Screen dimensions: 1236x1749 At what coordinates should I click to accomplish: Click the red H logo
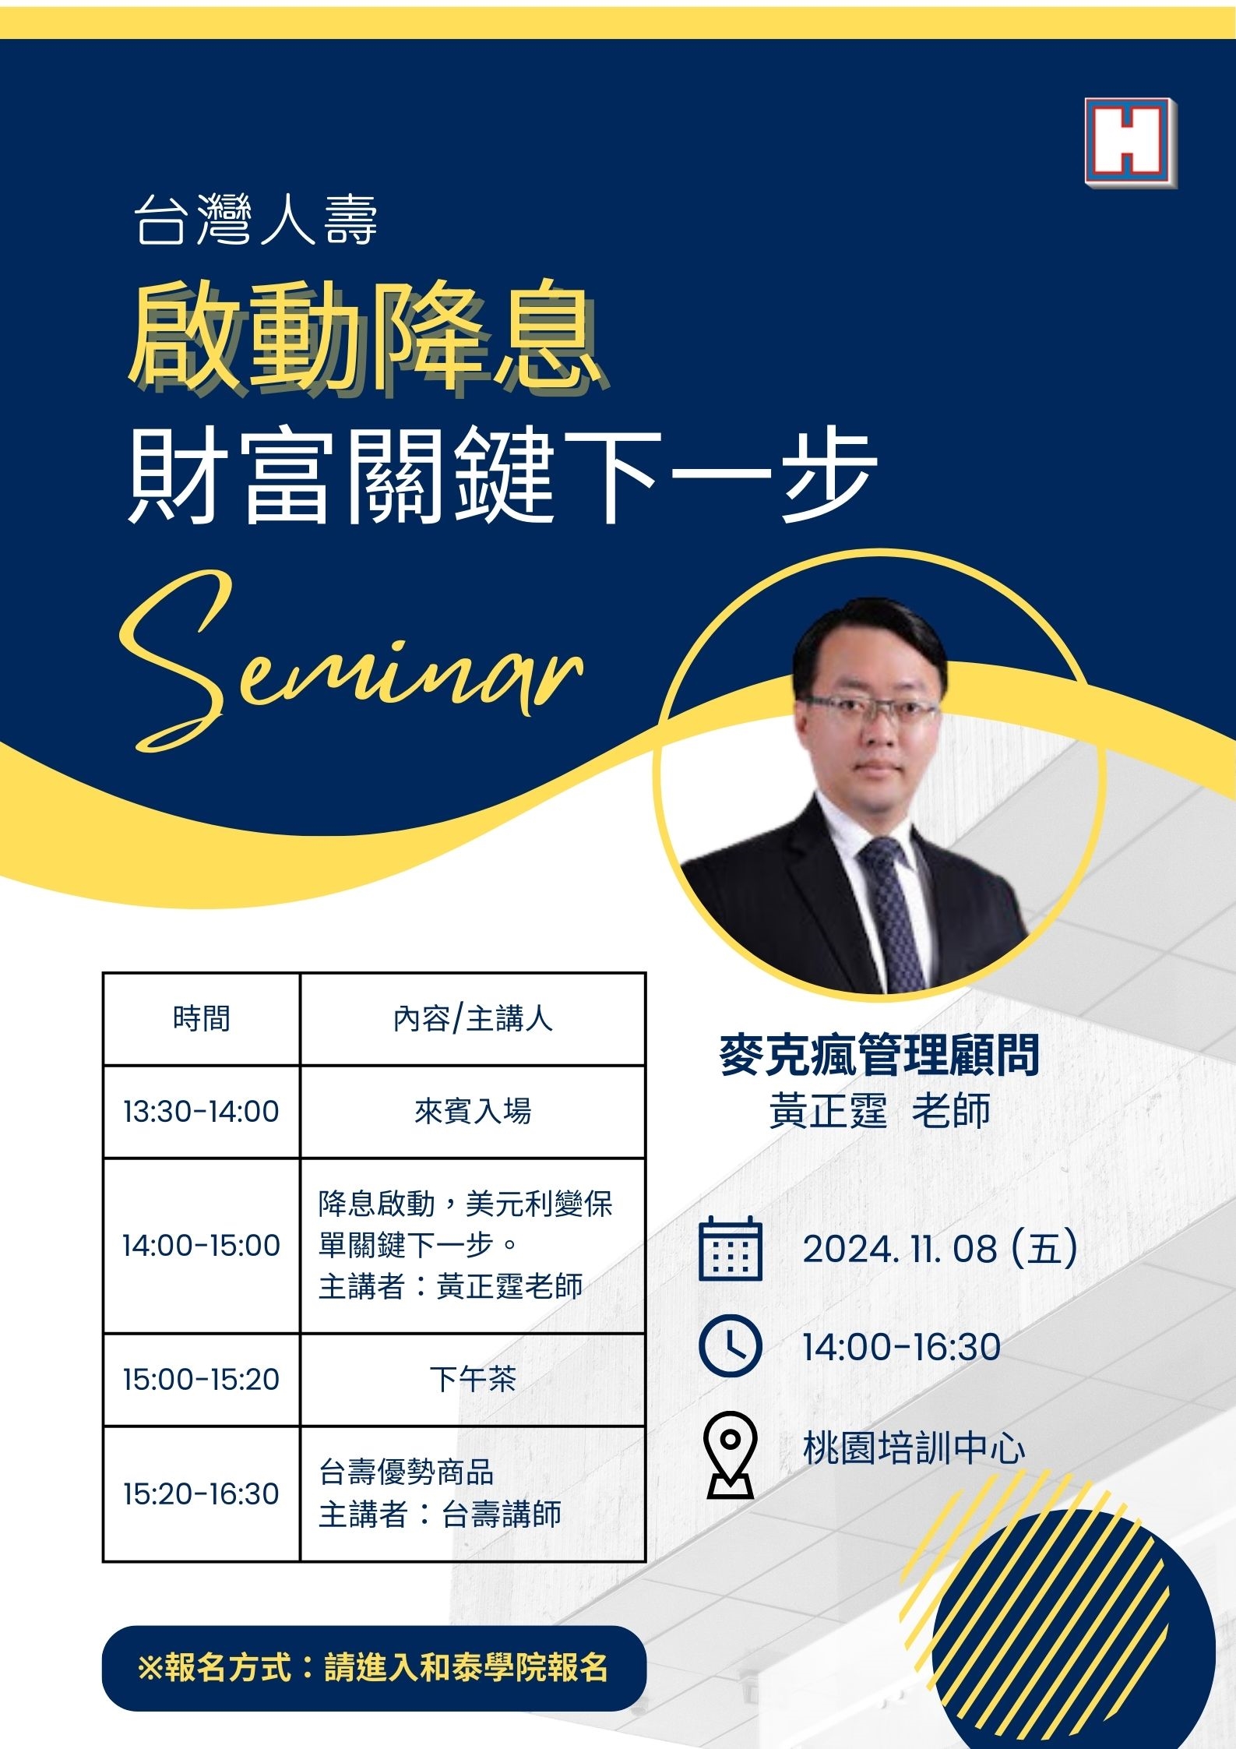coord(1130,143)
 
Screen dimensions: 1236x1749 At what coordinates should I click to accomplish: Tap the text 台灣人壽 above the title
coord(256,220)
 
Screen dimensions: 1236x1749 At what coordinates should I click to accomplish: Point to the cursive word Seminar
coord(351,662)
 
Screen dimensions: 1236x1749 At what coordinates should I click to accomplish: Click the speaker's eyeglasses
coord(870,710)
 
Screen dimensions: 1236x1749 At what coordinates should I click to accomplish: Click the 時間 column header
coord(202,1018)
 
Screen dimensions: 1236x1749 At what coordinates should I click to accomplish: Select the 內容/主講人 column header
coord(473,1018)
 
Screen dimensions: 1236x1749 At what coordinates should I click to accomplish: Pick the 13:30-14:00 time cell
coord(202,1111)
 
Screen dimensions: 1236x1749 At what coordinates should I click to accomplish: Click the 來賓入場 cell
coord(473,1111)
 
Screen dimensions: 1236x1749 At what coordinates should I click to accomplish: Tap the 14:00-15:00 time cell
coord(202,1245)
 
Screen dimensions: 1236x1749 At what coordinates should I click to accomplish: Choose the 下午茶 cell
coord(473,1379)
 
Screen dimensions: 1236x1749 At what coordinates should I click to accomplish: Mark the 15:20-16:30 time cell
coord(202,1493)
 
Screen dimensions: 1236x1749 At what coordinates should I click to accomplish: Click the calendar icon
coord(730,1248)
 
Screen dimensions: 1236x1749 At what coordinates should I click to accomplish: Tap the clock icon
coord(730,1345)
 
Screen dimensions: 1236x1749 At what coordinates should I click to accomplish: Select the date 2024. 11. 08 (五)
coord(940,1248)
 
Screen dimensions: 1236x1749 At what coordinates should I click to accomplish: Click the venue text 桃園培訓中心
coord(914,1449)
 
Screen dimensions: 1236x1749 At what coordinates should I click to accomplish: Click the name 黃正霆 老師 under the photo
coord(880,1110)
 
